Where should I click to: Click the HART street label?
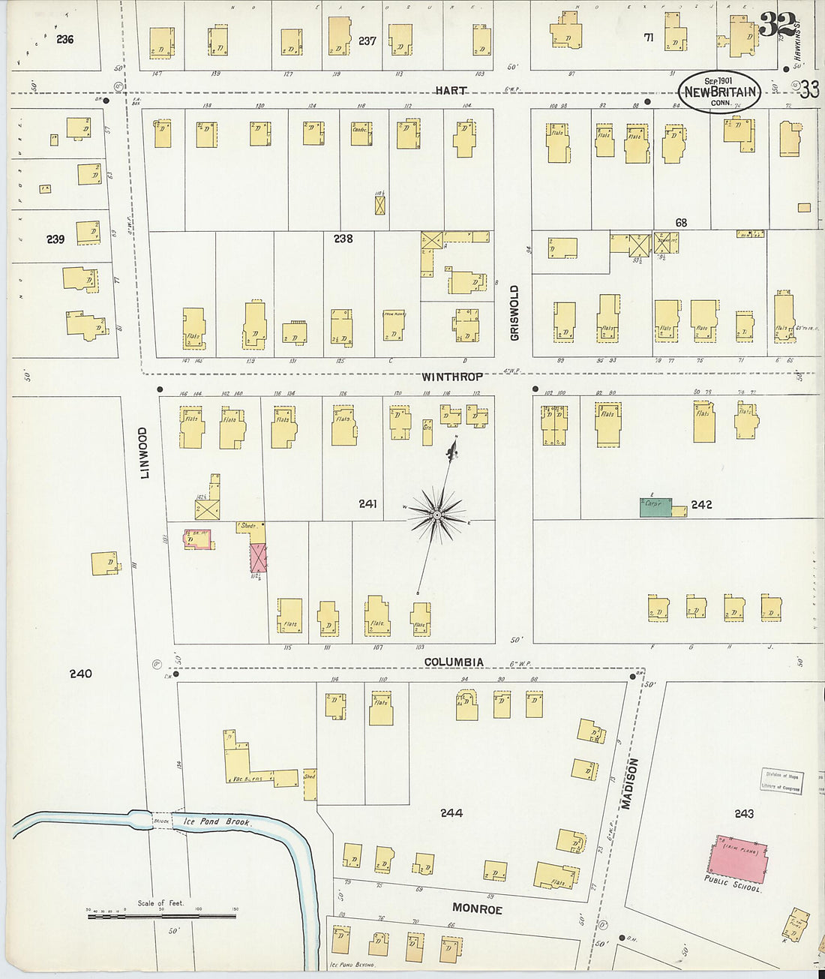(x=451, y=91)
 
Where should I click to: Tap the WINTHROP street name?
(x=451, y=377)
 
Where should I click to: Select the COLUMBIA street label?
(x=454, y=662)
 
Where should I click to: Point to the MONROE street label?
(x=478, y=909)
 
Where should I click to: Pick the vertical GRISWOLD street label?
(x=514, y=312)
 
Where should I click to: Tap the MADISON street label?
(x=630, y=784)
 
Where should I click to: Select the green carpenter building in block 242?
(x=655, y=507)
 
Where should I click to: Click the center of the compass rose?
(x=436, y=515)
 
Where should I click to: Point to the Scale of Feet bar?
(x=161, y=915)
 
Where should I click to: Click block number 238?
(x=343, y=239)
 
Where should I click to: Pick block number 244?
(x=451, y=812)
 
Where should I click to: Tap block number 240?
(x=80, y=674)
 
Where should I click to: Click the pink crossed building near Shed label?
(x=258, y=558)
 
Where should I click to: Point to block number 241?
(x=367, y=504)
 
